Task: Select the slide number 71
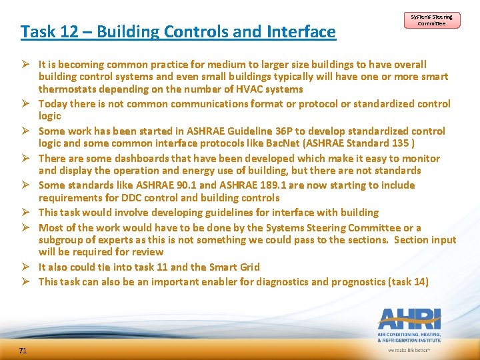tap(23, 350)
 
